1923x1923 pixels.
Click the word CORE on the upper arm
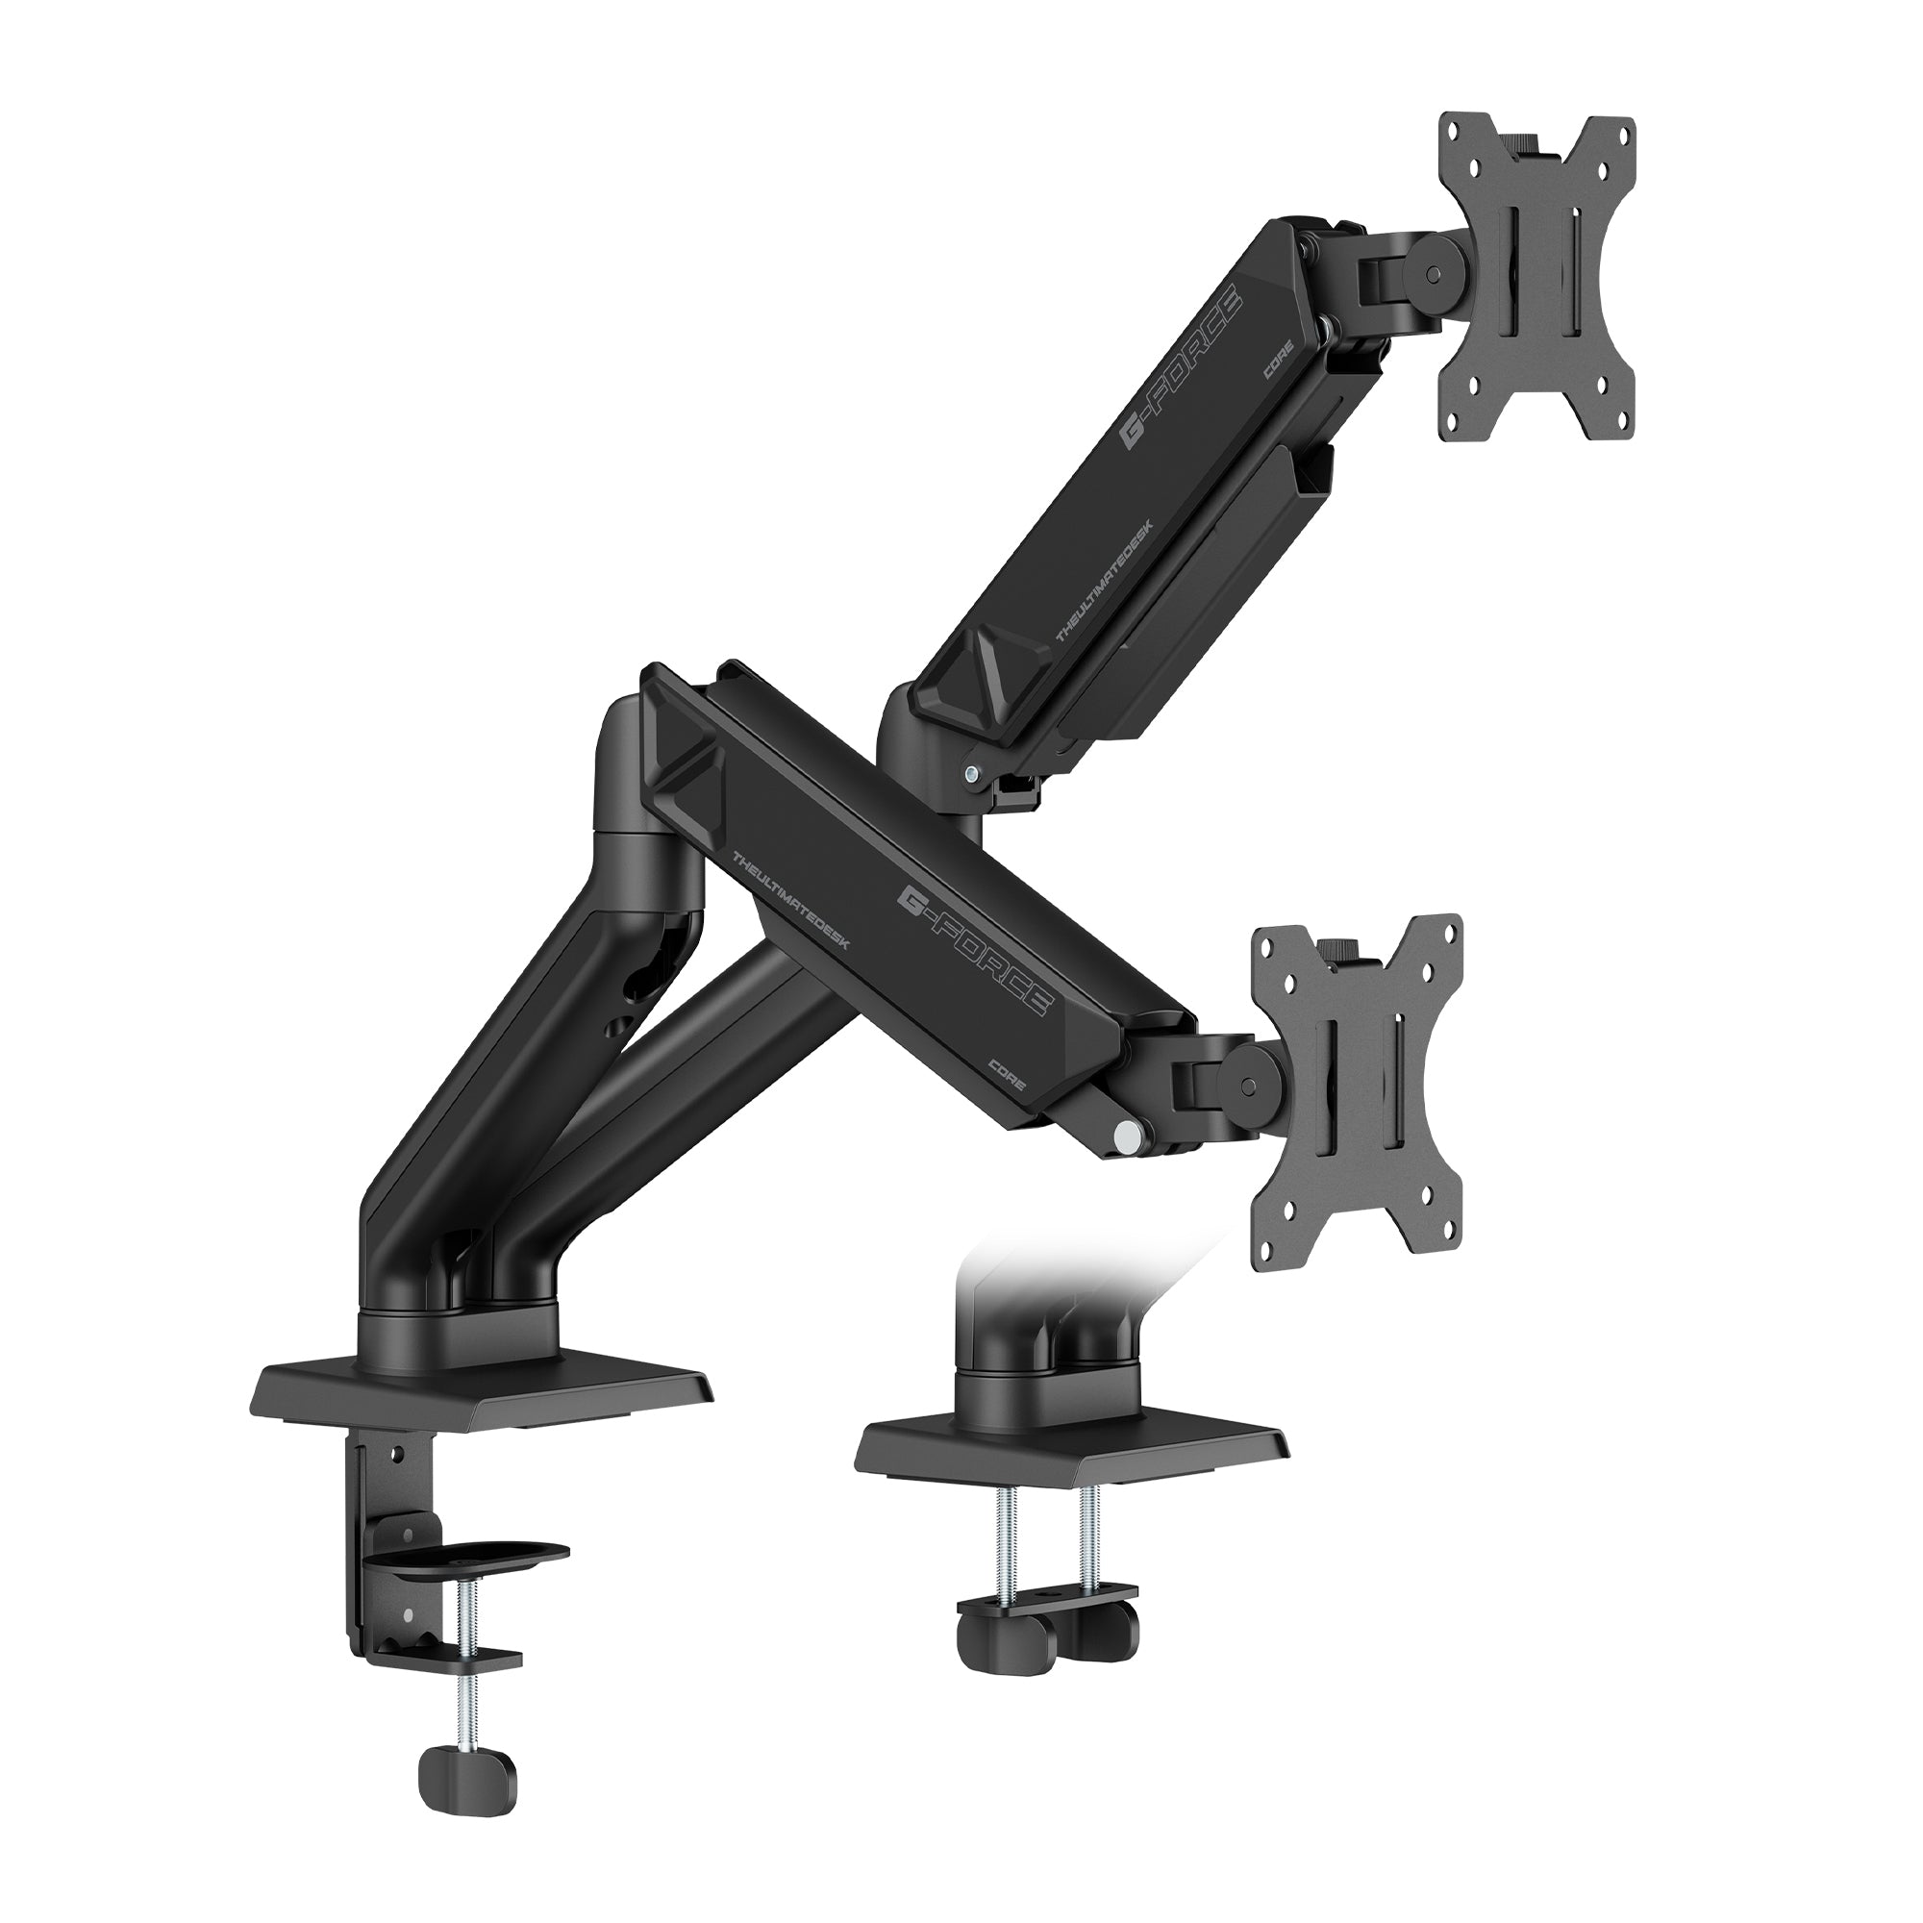(x=1279, y=366)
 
